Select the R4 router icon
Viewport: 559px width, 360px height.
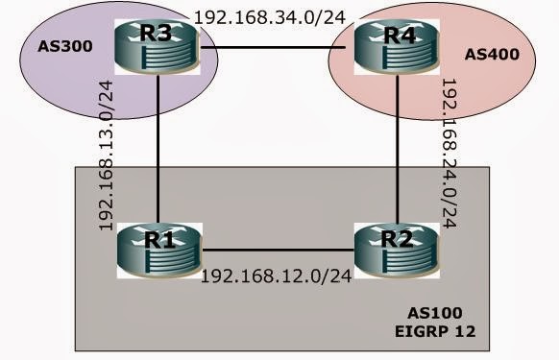click(387, 46)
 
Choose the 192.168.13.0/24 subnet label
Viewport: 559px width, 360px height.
click(108, 154)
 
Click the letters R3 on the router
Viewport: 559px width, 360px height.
click(158, 33)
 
